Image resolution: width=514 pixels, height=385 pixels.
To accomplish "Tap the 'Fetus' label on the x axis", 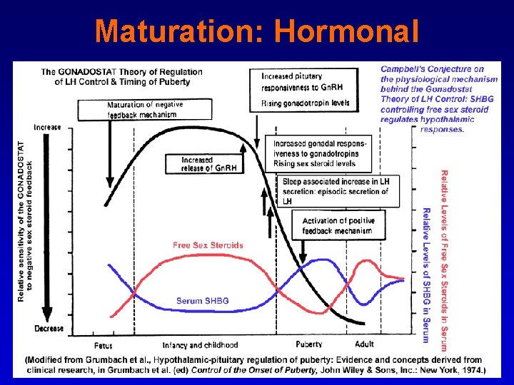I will coord(103,345).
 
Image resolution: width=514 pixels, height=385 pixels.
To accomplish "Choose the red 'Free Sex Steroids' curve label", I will coord(208,245).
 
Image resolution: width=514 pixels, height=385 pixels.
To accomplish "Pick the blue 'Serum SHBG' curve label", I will coord(203,301).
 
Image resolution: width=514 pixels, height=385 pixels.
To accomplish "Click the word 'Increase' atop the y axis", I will coord(47,127).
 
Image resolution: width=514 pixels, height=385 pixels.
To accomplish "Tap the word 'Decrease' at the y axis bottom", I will coord(49,329).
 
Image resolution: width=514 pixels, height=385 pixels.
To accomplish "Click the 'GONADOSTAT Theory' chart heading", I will coord(121,77).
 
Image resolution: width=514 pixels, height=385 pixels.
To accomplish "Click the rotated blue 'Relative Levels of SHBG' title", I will coord(426,274).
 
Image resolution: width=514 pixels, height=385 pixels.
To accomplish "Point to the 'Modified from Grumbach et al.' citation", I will coord(255,365).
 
